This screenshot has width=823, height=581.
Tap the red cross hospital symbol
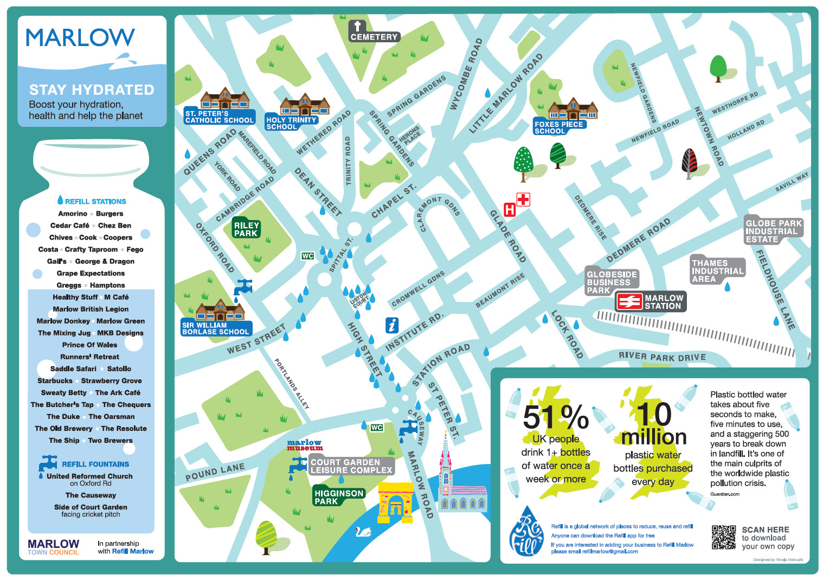[523, 200]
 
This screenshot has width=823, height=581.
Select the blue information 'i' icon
[392, 325]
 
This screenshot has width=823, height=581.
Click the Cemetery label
[374, 37]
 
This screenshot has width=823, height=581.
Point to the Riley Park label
[246, 229]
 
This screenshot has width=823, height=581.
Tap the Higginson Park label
[338, 497]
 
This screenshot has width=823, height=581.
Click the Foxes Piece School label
[558, 127]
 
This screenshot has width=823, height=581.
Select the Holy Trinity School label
[291, 123]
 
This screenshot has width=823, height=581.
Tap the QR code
[723, 537]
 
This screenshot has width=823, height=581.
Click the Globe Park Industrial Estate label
[773, 231]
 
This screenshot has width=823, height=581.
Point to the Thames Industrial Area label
[717, 271]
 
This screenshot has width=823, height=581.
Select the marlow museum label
[305, 446]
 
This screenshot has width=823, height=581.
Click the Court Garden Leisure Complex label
[351, 466]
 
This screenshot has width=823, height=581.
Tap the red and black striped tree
[689, 163]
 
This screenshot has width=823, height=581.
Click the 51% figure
[556, 417]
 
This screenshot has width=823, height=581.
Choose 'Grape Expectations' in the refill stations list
[91, 273]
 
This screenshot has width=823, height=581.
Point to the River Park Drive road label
[662, 357]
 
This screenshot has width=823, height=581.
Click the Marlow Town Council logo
[53, 546]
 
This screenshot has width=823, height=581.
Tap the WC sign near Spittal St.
[307, 256]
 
